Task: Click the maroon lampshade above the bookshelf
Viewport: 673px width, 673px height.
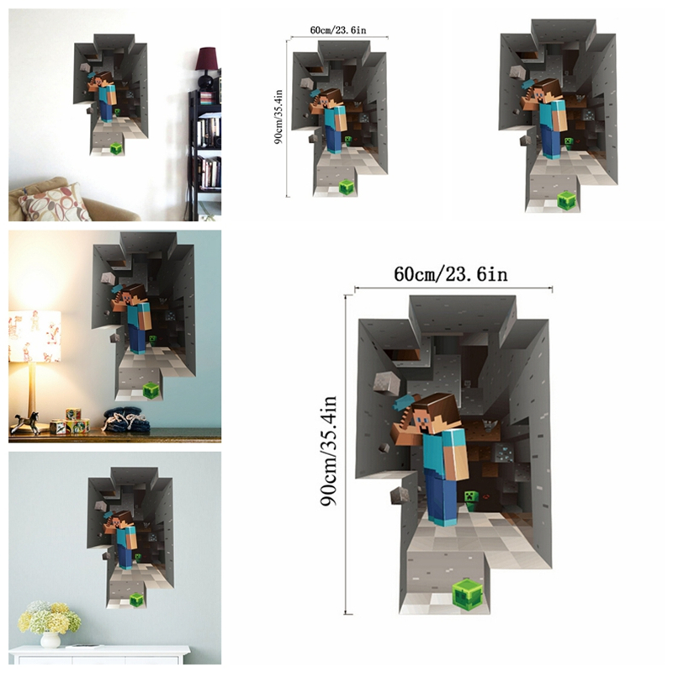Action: click(206, 59)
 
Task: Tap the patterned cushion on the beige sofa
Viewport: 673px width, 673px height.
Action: click(55, 203)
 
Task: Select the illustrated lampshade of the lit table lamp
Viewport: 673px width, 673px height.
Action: click(34, 336)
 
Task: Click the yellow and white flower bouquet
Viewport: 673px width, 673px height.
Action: click(50, 617)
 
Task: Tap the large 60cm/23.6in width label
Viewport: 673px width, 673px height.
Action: click(451, 274)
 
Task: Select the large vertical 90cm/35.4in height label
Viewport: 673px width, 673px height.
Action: click(329, 451)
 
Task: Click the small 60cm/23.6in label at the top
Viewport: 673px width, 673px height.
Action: click(338, 30)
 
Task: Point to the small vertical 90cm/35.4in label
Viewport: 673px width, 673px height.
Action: click(278, 117)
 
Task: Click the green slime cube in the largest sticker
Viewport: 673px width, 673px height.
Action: click(467, 595)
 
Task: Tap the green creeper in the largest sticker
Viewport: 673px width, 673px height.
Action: click(471, 501)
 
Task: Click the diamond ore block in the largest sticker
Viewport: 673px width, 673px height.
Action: click(504, 453)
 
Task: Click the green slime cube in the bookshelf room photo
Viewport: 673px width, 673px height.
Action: click(116, 149)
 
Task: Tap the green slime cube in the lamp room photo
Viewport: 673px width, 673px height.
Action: click(151, 390)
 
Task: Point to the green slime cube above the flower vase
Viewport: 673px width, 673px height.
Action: click(137, 599)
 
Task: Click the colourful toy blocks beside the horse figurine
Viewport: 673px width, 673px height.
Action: click(70, 421)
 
